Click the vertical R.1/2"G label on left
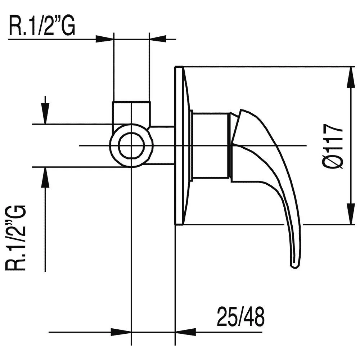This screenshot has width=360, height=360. pos(16,238)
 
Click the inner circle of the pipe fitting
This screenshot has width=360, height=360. pos(132,146)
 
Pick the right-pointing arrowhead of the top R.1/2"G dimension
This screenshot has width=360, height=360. pos(104,39)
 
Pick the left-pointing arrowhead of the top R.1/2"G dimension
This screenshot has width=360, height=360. pos(158,39)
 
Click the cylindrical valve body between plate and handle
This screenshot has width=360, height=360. pos(211,146)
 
